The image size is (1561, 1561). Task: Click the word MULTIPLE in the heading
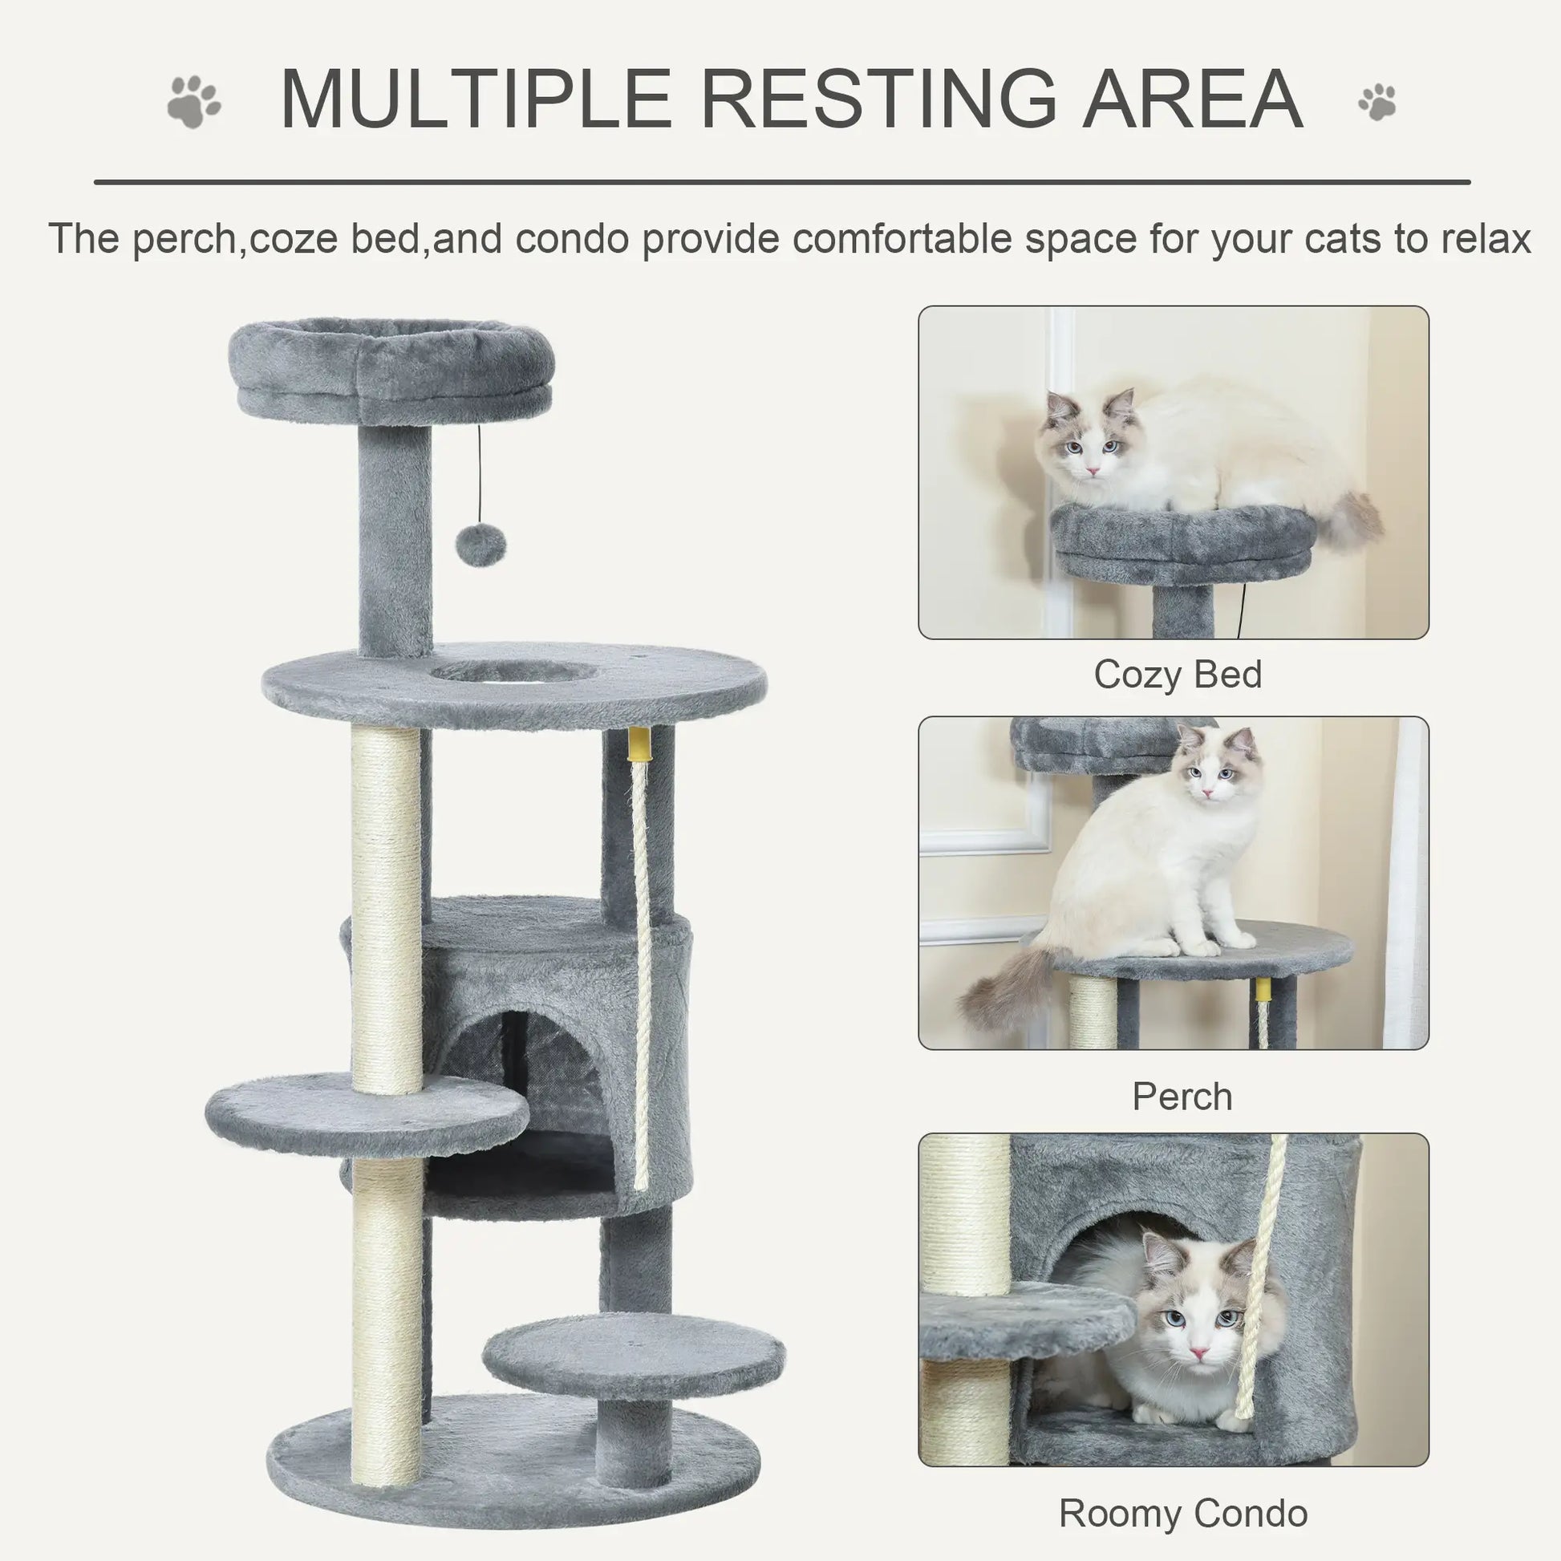(476, 99)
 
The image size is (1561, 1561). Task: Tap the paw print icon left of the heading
(194, 102)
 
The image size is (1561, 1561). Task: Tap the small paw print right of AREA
(1377, 102)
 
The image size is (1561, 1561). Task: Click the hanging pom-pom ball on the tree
(480, 546)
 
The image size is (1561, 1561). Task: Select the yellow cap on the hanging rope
(639, 748)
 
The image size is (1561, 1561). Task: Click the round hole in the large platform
(514, 671)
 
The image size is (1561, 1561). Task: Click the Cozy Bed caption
(1178, 675)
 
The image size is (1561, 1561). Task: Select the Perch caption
(1182, 1097)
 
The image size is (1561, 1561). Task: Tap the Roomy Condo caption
(1183, 1514)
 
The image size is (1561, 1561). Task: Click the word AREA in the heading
(1193, 99)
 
